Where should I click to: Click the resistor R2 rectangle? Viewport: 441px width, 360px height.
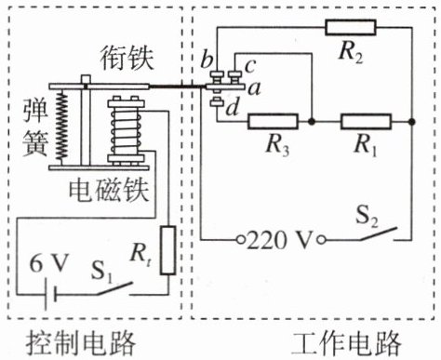click(x=351, y=27)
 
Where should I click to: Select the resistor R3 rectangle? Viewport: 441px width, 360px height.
click(x=273, y=122)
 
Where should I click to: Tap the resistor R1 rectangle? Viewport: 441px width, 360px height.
click(x=366, y=122)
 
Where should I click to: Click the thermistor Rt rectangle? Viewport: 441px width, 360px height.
click(x=167, y=250)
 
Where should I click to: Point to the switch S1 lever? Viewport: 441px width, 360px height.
click(x=114, y=288)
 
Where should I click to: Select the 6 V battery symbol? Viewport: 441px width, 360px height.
click(x=50, y=294)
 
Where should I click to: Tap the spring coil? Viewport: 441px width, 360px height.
click(x=62, y=127)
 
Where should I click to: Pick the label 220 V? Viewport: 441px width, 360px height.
click(x=278, y=240)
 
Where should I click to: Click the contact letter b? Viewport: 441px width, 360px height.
click(x=207, y=60)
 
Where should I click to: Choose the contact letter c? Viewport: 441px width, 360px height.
click(x=250, y=66)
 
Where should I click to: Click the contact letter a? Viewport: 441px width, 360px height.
click(x=255, y=89)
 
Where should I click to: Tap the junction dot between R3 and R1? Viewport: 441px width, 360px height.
click(x=312, y=122)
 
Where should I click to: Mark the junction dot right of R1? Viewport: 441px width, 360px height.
click(x=412, y=122)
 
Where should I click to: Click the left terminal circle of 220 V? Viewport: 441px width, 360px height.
click(x=241, y=239)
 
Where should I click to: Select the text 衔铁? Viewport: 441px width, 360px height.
click(x=127, y=59)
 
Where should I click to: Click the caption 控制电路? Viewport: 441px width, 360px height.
click(x=81, y=343)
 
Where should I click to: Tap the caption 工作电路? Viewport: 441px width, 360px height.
click(x=346, y=343)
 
